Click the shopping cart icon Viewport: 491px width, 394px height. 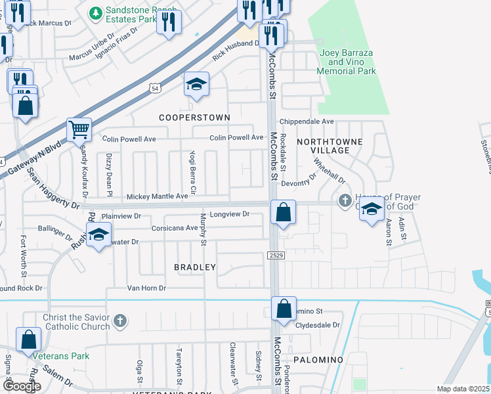[79, 130]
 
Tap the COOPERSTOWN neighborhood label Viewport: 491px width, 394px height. [195, 118]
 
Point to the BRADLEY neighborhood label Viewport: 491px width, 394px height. [195, 267]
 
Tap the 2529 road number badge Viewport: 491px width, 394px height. [275, 254]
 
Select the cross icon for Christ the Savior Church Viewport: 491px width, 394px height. [119, 320]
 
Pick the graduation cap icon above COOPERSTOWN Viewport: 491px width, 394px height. [196, 84]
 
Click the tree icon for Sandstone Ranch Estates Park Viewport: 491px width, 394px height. [96, 12]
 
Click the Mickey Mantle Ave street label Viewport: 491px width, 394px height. [157, 196]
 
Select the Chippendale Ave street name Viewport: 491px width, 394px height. [307, 121]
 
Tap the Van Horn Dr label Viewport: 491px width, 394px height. [146, 288]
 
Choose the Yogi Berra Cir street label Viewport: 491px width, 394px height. [193, 168]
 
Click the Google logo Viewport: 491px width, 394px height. [22, 386]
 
